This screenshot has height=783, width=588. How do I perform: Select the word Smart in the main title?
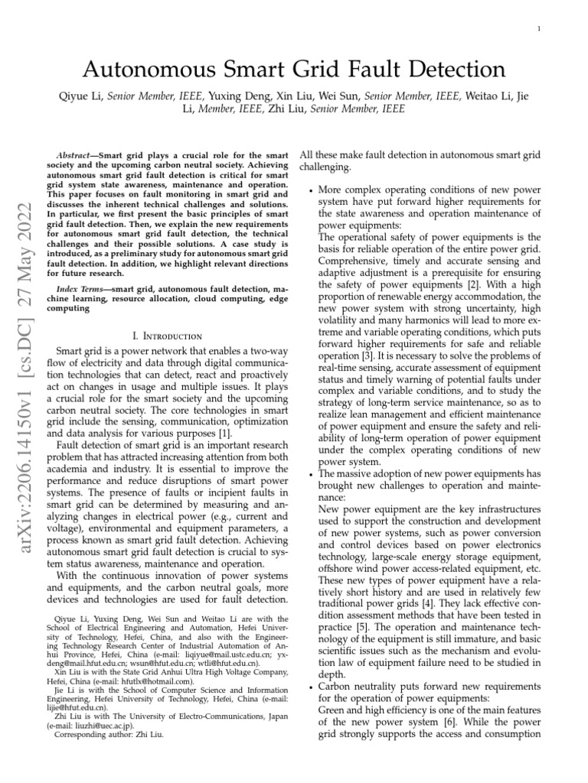click(250, 70)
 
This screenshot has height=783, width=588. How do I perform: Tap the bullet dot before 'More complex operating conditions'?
click(309, 189)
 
